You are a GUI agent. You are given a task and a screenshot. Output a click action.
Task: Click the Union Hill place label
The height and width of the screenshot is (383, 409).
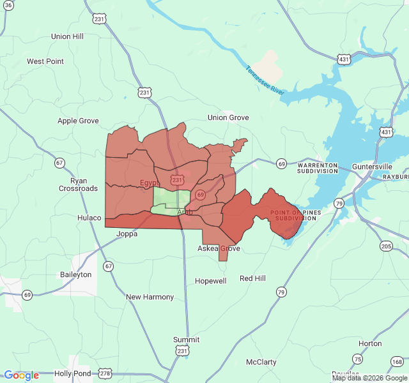click(x=67, y=36)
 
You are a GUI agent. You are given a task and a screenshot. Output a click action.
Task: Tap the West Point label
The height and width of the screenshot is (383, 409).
click(x=45, y=61)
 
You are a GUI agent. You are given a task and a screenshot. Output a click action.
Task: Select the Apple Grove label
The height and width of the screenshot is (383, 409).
click(x=78, y=121)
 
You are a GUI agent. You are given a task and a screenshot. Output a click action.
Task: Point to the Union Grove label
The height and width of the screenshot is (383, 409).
click(x=228, y=117)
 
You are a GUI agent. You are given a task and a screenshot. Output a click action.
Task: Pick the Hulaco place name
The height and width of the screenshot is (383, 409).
click(x=89, y=218)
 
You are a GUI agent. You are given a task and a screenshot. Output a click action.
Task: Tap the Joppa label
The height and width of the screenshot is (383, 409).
click(x=127, y=234)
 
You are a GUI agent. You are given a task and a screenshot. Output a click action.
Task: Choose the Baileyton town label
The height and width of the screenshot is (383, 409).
click(x=75, y=274)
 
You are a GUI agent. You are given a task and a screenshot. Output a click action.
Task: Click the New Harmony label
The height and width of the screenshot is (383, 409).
click(x=150, y=297)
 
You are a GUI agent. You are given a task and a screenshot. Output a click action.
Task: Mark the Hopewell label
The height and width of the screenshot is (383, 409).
click(x=210, y=281)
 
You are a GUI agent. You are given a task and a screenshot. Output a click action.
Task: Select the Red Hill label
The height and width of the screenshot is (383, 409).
click(x=252, y=278)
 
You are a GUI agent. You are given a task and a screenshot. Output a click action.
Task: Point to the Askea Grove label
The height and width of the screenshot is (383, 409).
click(x=219, y=248)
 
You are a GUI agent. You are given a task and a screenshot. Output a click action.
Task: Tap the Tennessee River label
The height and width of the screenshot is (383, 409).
click(x=265, y=80)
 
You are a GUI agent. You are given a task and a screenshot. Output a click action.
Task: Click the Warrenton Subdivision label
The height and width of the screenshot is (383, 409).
click(x=317, y=168)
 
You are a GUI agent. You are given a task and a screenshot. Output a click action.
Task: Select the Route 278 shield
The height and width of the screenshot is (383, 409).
click(x=105, y=373)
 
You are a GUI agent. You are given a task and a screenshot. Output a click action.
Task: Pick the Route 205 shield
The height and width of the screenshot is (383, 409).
click(x=386, y=246)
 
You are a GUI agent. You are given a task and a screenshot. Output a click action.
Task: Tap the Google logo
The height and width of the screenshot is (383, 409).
click(x=22, y=375)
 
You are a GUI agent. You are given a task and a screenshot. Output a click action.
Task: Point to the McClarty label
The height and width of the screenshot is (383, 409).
click(x=261, y=362)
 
